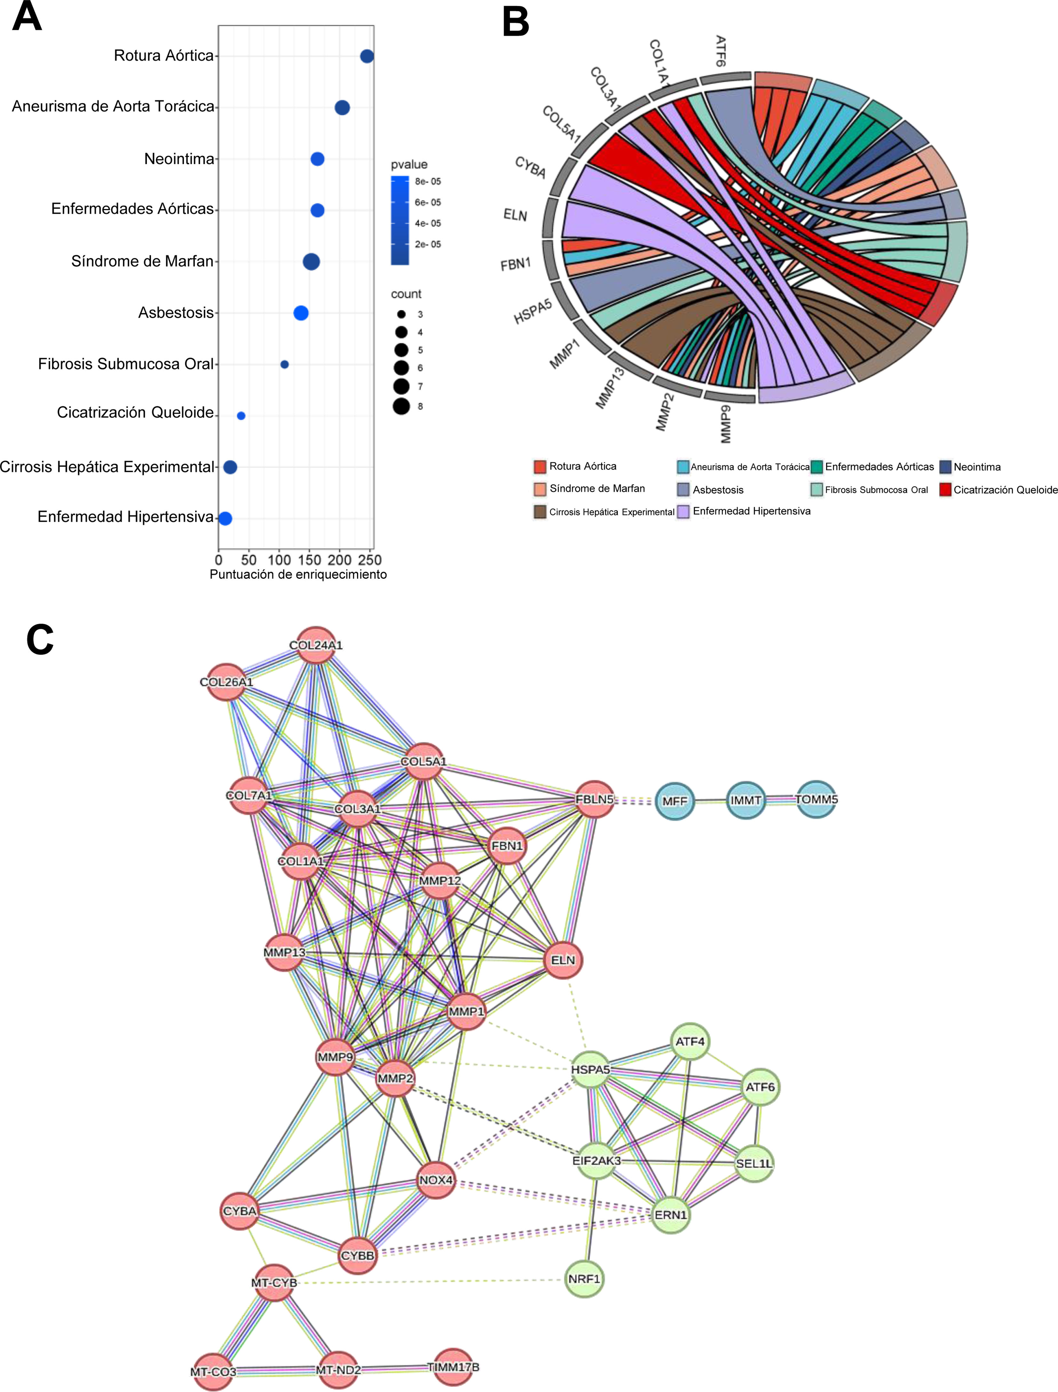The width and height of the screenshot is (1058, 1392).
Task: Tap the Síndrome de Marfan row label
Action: coord(142,261)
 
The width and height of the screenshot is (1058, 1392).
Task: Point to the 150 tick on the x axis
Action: coord(310,560)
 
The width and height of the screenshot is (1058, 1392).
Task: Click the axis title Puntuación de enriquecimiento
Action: coord(298,574)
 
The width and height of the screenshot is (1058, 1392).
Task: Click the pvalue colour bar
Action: coord(399,220)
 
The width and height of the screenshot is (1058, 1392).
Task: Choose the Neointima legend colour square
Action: coord(945,466)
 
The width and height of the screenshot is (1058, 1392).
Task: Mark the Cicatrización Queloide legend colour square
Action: coord(945,490)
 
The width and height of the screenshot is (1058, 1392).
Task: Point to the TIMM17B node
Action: coord(453,1367)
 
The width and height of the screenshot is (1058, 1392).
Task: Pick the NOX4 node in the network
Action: coord(436,1180)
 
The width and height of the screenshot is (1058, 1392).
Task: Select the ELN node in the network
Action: coord(563,960)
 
